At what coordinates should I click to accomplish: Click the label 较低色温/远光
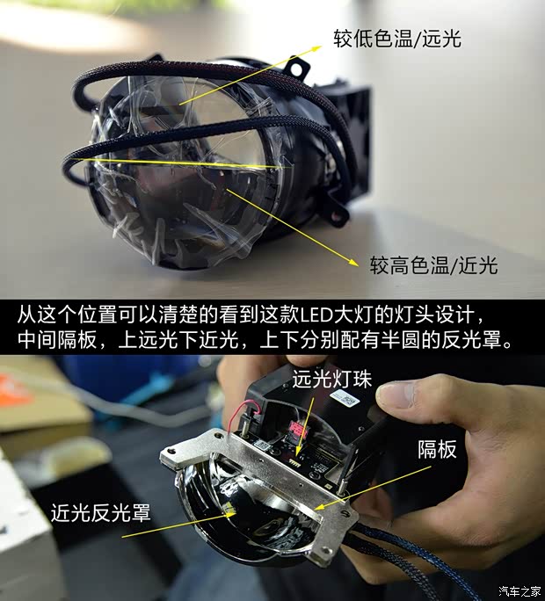coord(396,39)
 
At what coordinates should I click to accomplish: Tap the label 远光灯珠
coord(331,380)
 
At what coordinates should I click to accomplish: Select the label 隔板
coord(437,450)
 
